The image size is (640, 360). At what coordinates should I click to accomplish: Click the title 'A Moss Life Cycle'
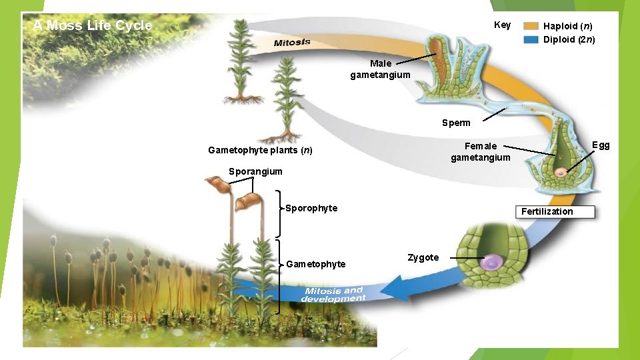point(93,26)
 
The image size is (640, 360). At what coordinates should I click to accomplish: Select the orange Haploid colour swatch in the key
point(531,26)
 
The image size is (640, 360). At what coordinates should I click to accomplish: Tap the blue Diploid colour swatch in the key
point(531,39)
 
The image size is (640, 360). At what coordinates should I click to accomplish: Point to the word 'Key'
point(502,25)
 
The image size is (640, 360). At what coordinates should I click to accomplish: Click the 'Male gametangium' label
point(380,69)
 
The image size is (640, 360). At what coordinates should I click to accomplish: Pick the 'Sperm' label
point(456,123)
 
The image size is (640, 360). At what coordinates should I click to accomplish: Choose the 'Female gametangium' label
point(480,151)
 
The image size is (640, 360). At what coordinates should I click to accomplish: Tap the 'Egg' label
point(601,145)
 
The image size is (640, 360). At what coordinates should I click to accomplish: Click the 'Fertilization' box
point(547,211)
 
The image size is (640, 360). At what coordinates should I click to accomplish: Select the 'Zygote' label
point(423,257)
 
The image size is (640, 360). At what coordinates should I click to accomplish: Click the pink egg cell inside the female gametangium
point(561,173)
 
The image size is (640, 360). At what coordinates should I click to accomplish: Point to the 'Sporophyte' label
point(311,208)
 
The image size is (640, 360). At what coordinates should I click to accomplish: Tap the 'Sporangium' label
point(255,171)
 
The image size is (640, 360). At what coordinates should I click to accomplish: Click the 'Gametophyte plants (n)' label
point(260,150)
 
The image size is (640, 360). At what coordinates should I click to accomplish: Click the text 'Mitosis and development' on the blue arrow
point(333,294)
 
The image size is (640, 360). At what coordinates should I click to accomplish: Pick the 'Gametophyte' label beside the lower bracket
point(315,264)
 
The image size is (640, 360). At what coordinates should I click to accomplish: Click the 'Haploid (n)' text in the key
point(567,26)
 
